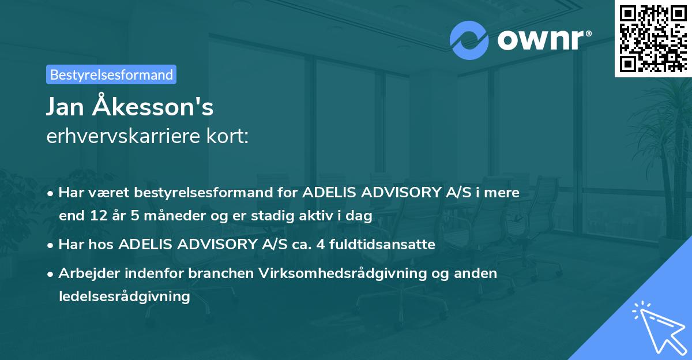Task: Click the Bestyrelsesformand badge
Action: click(x=111, y=74)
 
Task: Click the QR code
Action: click(x=653, y=38)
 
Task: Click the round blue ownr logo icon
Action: click(x=469, y=39)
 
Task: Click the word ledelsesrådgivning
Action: click(x=124, y=297)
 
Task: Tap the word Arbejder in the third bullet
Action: click(x=84, y=273)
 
